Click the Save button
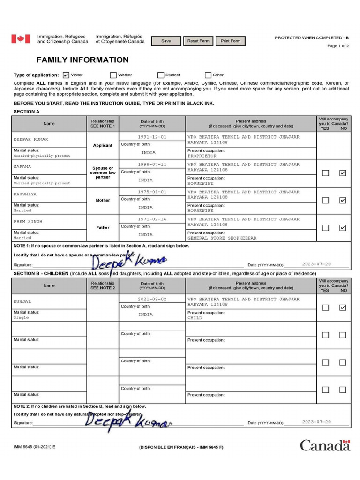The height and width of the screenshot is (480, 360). pyautogui.click(x=166, y=41)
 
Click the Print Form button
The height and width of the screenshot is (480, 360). pyautogui.click(x=230, y=41)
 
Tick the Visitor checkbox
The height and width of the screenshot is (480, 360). pyautogui.click(x=66, y=75)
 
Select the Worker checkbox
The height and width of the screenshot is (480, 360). pyautogui.click(x=113, y=75)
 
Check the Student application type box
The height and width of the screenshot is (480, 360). pyautogui.click(x=161, y=75)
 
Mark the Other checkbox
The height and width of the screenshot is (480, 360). pyautogui.click(x=208, y=75)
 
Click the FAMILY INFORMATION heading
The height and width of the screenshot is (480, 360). pyautogui.click(x=82, y=60)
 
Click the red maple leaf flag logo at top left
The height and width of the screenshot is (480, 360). pyautogui.click(x=21, y=39)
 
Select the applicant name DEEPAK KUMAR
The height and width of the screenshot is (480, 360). pyautogui.click(x=31, y=139)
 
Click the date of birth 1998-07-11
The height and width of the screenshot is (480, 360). pyautogui.click(x=152, y=165)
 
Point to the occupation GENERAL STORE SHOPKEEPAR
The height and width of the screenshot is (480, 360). pyautogui.click(x=222, y=238)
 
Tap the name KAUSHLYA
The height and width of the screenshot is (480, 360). pyautogui.click(x=25, y=194)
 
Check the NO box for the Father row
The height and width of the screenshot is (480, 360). pyautogui.click(x=343, y=228)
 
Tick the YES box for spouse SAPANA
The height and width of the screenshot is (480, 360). pyautogui.click(x=325, y=173)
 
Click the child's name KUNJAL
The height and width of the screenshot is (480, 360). pyautogui.click(x=22, y=302)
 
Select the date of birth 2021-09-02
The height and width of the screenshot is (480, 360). pyautogui.click(x=152, y=299)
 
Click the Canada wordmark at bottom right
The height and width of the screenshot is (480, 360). pyautogui.click(x=325, y=445)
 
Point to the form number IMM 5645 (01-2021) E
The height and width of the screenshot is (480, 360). pyautogui.click(x=34, y=447)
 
